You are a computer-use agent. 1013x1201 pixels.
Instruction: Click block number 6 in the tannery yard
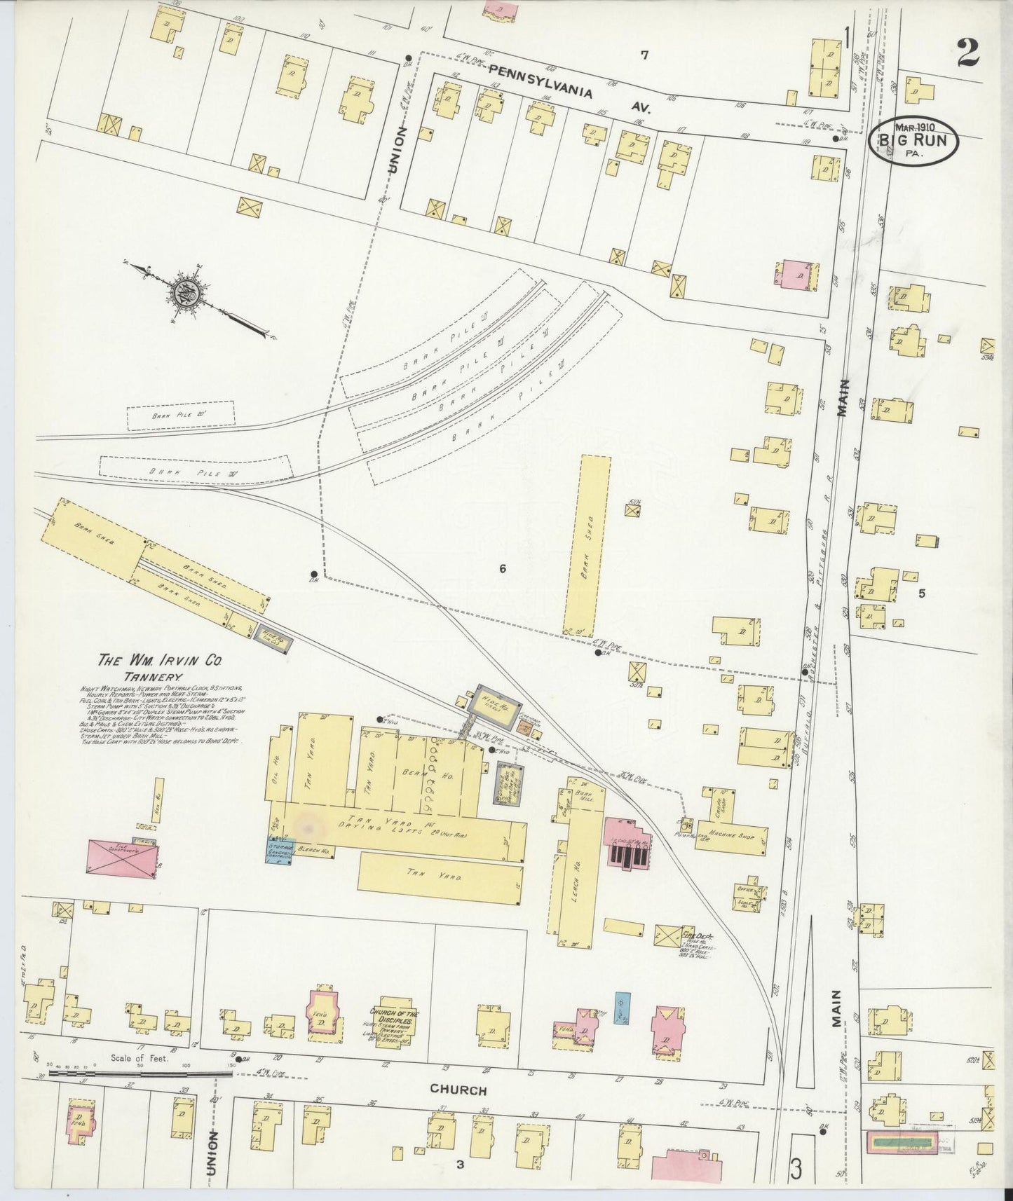coord(502,569)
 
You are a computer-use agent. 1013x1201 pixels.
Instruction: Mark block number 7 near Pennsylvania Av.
coord(644,55)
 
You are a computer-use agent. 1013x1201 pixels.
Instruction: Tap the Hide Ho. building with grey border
coord(495,701)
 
